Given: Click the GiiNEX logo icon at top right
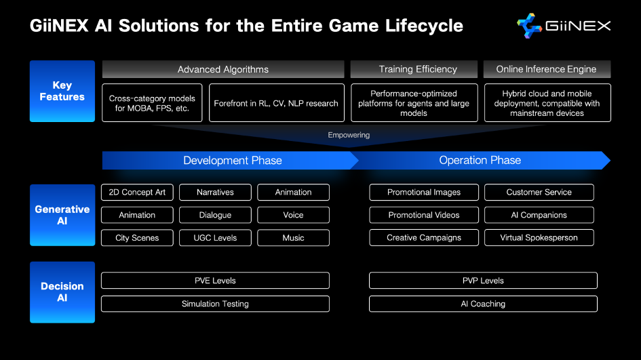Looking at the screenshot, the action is click(x=529, y=26).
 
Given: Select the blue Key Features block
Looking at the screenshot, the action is click(x=62, y=91).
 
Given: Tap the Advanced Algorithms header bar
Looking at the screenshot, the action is click(x=223, y=69).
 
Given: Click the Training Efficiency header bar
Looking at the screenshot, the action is click(x=414, y=69).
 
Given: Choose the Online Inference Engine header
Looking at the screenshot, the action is click(x=547, y=69).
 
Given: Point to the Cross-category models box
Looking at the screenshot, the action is click(x=152, y=103).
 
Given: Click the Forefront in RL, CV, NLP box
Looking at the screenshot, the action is click(x=276, y=103).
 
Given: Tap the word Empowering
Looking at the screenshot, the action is click(x=349, y=136).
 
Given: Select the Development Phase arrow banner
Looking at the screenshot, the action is click(x=230, y=161).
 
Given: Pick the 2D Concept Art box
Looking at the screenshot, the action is click(x=137, y=193).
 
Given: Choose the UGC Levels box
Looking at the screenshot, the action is click(x=215, y=238).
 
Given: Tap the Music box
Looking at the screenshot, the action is click(x=293, y=238).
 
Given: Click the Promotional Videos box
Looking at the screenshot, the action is click(x=424, y=215).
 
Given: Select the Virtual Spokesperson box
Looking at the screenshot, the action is click(x=539, y=238).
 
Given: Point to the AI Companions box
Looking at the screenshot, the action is click(x=539, y=215).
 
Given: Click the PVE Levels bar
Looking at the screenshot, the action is click(x=215, y=281).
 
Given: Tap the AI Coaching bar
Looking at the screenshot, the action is click(x=483, y=304).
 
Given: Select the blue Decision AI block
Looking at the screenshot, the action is click(x=62, y=292).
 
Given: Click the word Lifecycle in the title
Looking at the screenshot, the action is click(x=424, y=26).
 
